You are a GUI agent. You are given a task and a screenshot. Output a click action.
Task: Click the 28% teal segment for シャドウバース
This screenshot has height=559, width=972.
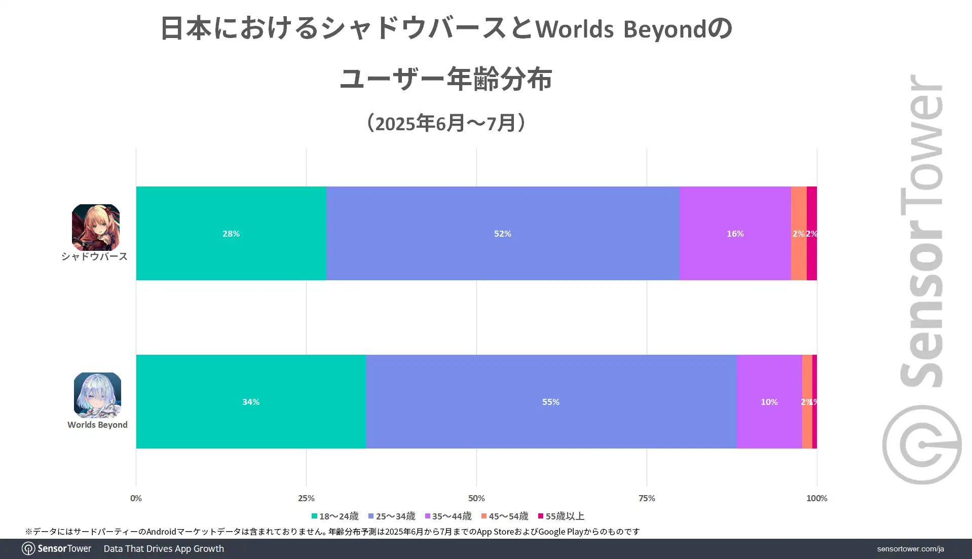231,234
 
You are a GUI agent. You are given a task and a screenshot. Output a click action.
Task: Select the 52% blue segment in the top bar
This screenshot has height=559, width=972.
502,234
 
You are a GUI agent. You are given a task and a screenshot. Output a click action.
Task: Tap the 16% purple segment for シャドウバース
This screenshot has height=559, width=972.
735,234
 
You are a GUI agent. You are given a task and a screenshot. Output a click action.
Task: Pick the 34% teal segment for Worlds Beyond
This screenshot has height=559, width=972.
251,402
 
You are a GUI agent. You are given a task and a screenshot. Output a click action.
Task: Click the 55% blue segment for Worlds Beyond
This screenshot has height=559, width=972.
551,402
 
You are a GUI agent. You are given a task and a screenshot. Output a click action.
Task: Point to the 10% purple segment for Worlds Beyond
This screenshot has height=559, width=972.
769,402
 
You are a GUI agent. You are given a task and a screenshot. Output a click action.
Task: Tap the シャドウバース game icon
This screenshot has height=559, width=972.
96,227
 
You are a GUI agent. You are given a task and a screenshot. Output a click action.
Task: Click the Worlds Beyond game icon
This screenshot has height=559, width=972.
97,395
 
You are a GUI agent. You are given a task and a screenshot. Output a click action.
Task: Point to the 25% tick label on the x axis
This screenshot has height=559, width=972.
306,498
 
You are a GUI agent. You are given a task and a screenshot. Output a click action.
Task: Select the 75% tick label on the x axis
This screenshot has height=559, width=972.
647,498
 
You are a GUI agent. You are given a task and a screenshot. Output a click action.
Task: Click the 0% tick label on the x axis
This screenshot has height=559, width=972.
136,498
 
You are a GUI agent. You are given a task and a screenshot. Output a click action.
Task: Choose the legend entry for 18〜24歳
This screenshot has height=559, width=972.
335,516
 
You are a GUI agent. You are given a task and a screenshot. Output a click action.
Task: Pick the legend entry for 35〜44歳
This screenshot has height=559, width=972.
448,516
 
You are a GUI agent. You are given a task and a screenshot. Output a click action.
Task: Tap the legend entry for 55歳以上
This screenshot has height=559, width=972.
561,516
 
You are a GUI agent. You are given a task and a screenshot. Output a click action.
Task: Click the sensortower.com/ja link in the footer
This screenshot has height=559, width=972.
910,549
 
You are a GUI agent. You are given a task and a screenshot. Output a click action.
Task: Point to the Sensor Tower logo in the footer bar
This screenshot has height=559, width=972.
57,548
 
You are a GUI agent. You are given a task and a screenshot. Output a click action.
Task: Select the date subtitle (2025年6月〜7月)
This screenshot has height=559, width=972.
446,123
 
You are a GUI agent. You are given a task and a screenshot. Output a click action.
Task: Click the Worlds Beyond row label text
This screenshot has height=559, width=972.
97,425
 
